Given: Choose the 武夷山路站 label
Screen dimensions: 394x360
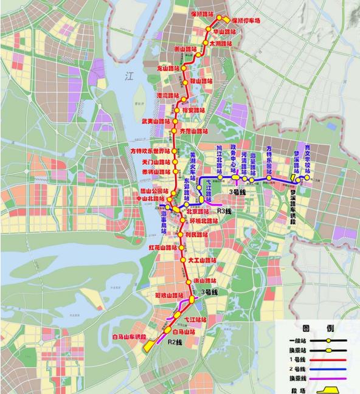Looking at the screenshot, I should tap(154, 122).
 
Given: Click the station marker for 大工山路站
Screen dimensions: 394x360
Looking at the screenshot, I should tap(184, 260).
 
